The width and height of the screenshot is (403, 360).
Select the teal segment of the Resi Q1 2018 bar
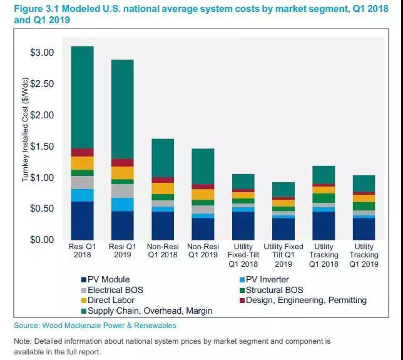(x=82, y=97)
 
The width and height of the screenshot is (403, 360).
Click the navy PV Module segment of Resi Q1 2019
(x=122, y=225)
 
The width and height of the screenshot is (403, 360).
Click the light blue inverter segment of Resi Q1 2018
(x=82, y=195)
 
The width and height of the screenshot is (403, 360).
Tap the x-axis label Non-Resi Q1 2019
(x=203, y=250)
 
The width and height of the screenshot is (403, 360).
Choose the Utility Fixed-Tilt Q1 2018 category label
(x=243, y=255)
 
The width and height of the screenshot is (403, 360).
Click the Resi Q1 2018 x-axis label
(x=82, y=250)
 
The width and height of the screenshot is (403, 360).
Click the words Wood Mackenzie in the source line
(x=76, y=326)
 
